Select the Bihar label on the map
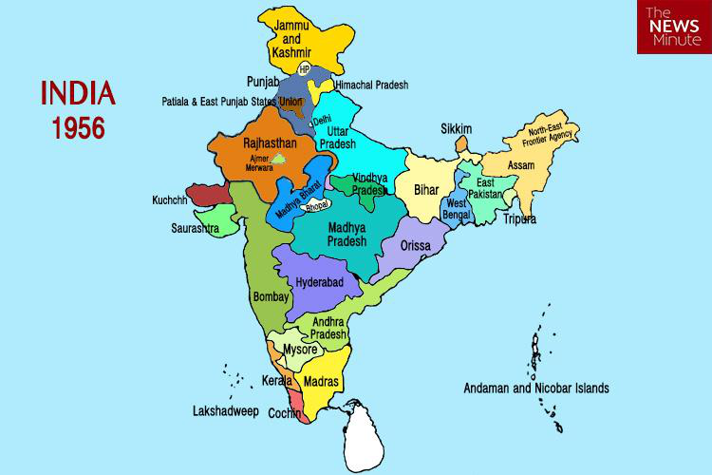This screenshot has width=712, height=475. point(427,190)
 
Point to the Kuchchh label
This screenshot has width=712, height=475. point(171,201)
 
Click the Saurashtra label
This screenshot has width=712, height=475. point(196,229)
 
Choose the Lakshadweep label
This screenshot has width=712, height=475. point(225,412)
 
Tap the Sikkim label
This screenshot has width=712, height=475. point(457,129)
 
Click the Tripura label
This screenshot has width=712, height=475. point(520,219)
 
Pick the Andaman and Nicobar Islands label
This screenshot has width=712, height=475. point(535,389)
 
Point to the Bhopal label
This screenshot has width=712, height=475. point(318,205)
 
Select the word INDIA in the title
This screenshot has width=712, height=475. point(78,95)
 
